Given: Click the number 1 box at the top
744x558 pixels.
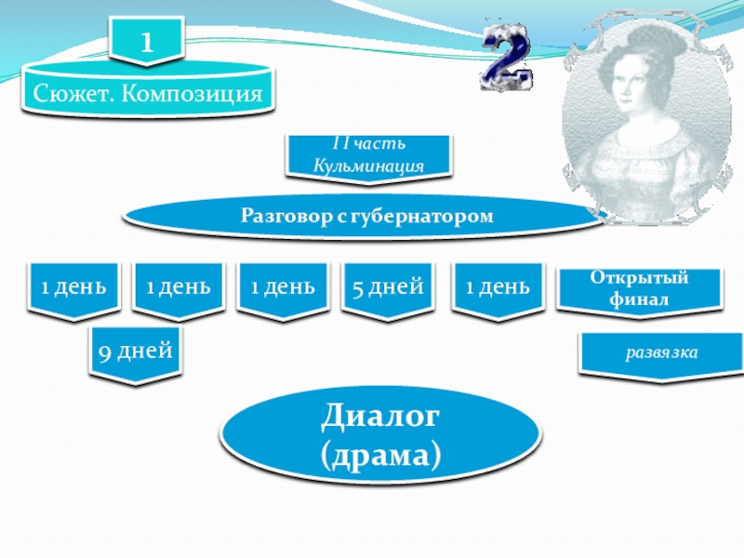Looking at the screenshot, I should coord(146,43).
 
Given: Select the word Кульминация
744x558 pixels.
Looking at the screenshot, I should coord(369,165).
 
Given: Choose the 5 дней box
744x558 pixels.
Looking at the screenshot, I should coord(388,286).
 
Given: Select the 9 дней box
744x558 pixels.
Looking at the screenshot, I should coord(136,351).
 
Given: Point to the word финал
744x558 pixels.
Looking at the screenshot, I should coord(639,299).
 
